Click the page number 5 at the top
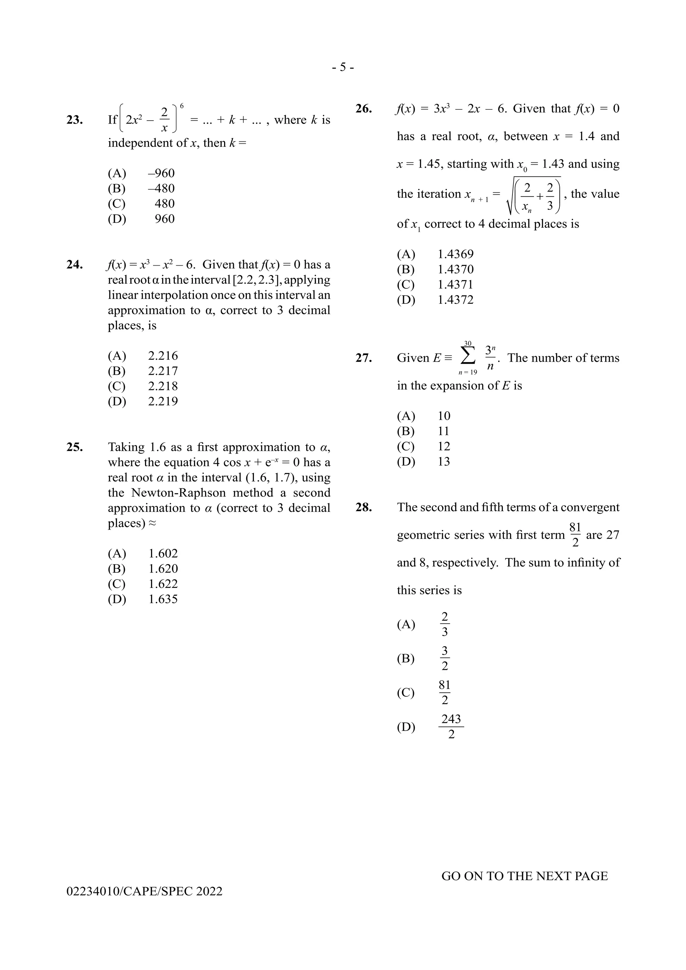coord(343,67)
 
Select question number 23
coord(74,120)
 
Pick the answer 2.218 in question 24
coord(163,386)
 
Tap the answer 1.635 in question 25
coord(163,599)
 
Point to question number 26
coord(363,109)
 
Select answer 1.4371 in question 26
coord(455,285)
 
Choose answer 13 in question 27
coord(444,462)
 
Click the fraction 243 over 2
coord(451,726)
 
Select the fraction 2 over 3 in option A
coord(444,624)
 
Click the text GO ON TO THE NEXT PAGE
coord(524,876)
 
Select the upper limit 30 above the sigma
coord(468,343)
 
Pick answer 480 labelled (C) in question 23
coord(164,204)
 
